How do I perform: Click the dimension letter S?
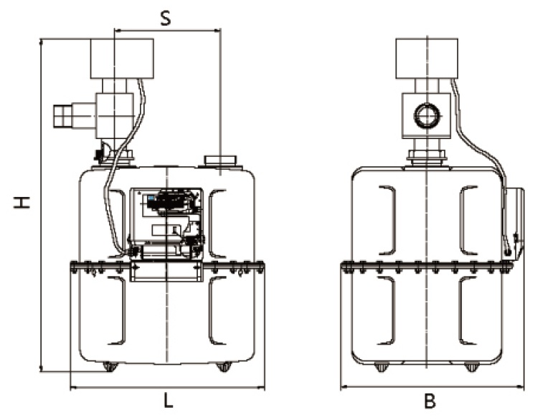click(166, 17)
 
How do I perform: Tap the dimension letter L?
click(168, 401)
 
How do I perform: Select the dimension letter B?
click(430, 401)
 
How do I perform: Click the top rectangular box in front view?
click(122, 58)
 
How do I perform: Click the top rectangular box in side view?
click(427, 58)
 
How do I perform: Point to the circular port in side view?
click(428, 115)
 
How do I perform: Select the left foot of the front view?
click(110, 367)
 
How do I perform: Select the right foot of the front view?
click(224, 367)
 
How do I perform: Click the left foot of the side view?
click(380, 367)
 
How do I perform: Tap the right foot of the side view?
click(471, 367)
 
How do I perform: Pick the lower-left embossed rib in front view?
click(118, 310)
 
